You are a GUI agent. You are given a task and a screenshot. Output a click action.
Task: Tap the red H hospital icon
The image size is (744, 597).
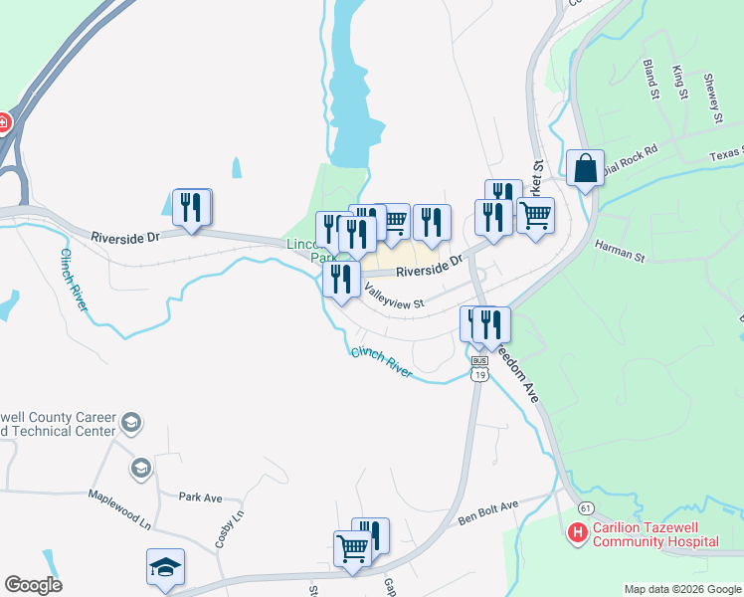576,534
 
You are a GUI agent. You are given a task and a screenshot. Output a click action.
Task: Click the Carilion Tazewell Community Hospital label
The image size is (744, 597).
654,535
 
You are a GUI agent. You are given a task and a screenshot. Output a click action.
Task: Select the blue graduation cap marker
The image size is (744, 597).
165,567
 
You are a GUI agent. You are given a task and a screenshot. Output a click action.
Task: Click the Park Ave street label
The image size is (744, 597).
200,497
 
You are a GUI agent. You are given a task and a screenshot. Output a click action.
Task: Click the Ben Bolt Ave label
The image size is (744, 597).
488,512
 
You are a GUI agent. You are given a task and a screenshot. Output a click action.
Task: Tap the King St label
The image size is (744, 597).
680,83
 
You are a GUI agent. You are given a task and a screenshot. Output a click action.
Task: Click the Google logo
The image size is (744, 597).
33,585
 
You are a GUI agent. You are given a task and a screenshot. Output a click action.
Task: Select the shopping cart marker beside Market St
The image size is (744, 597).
535,216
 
